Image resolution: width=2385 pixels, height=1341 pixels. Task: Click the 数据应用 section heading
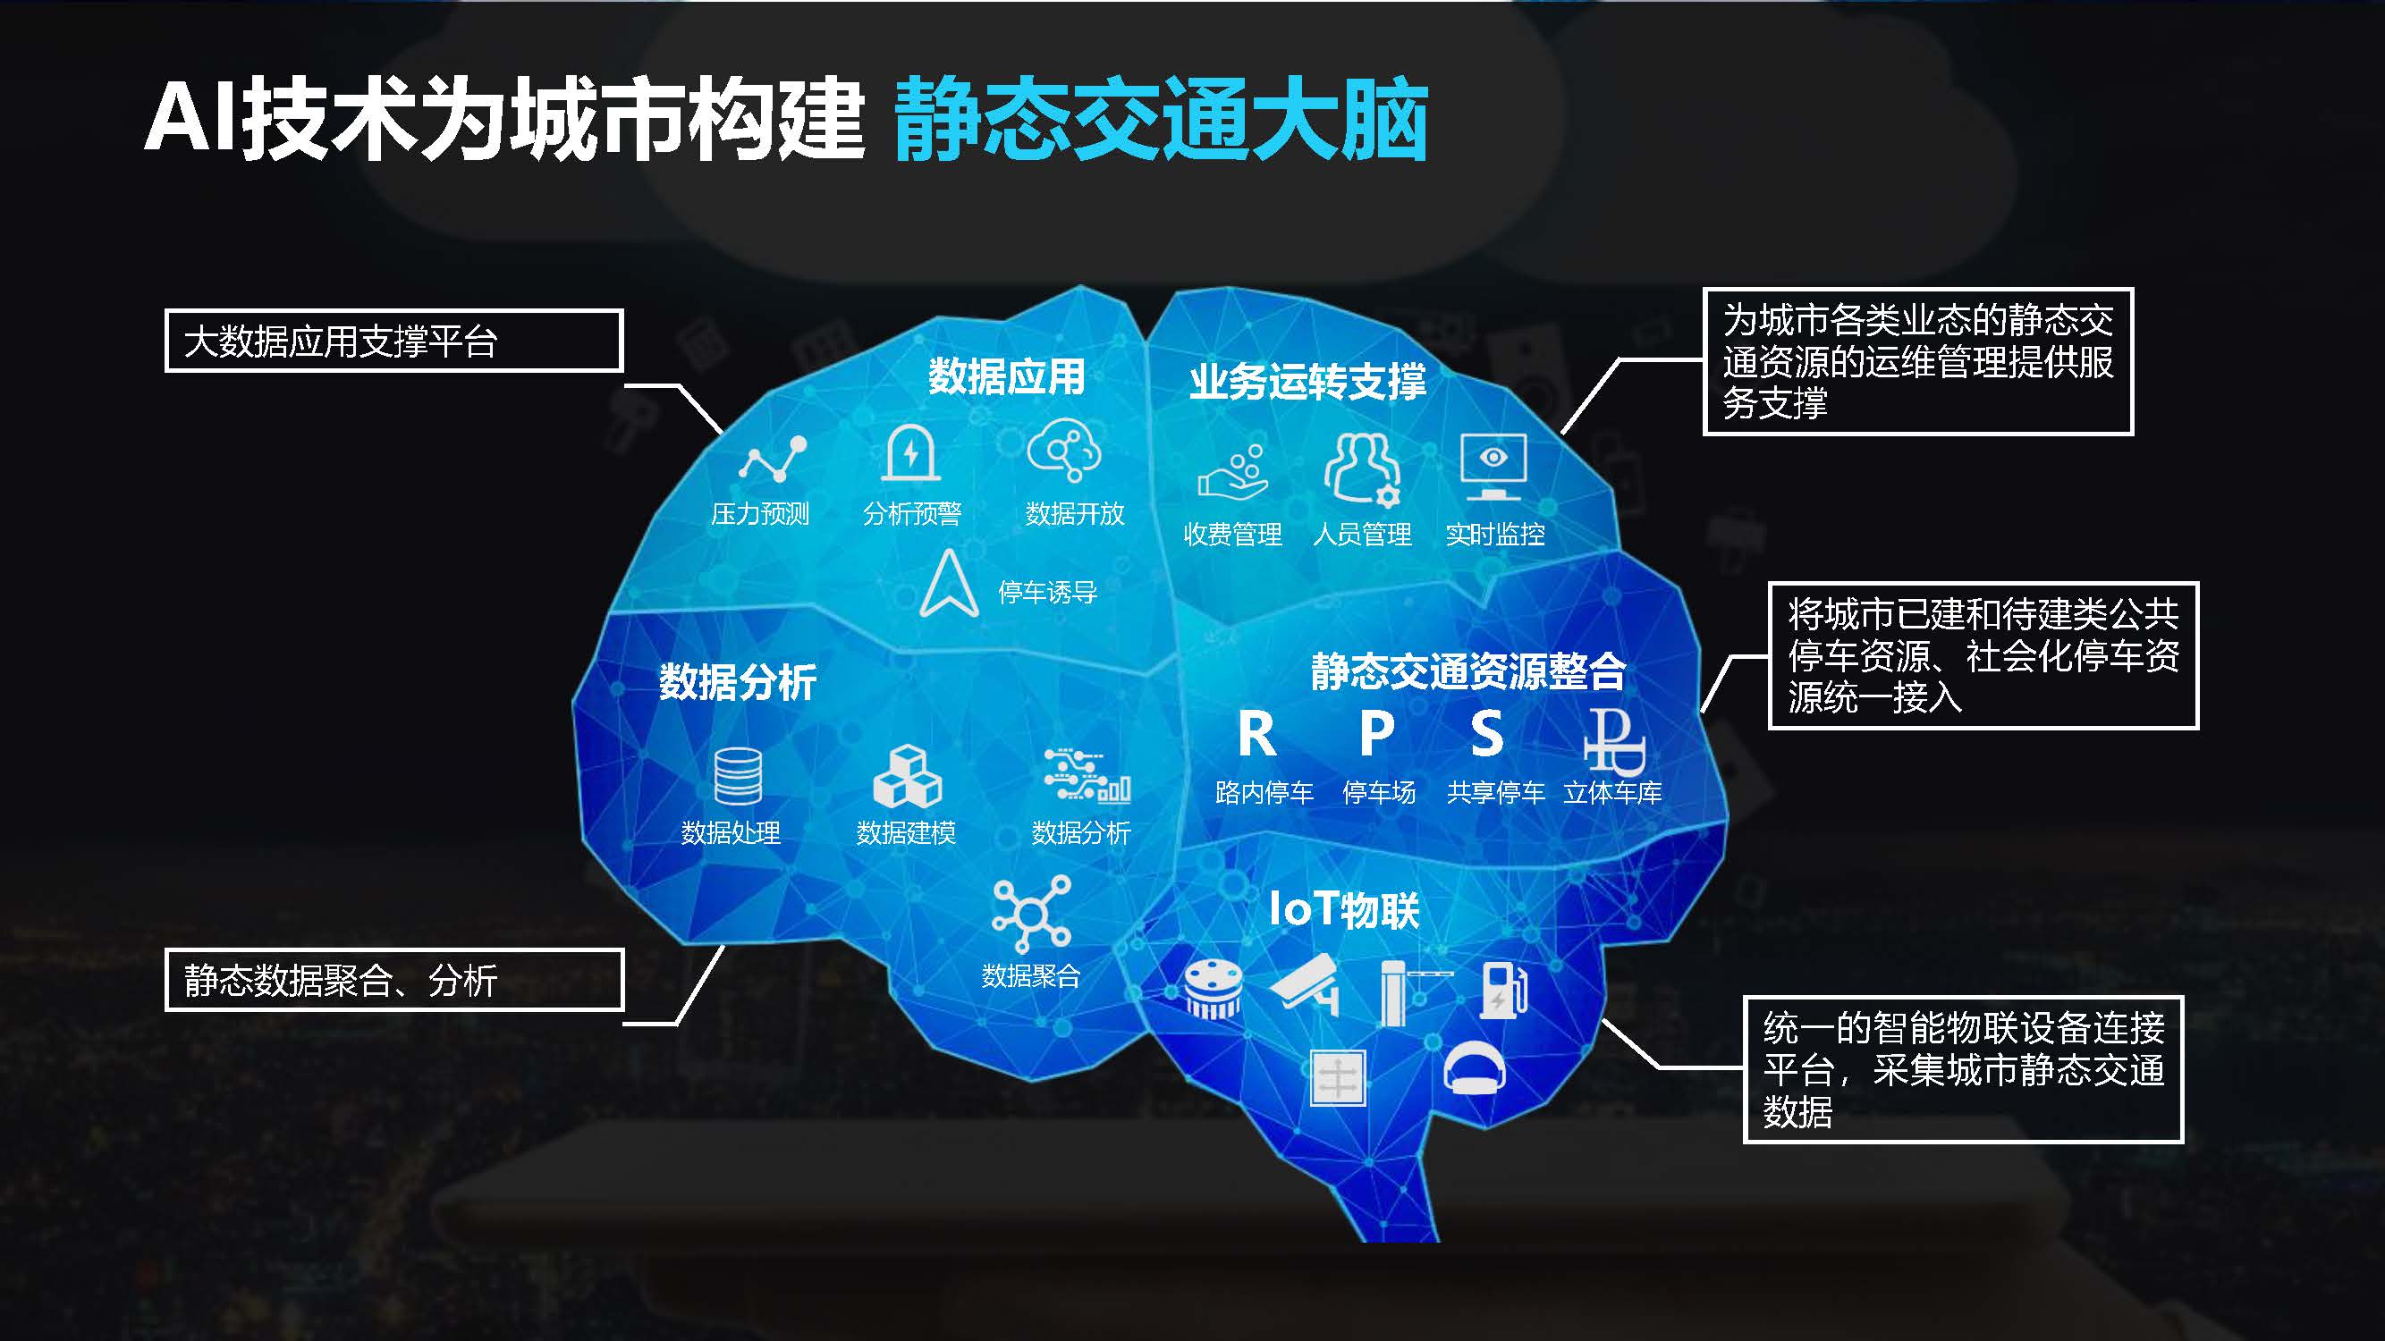point(1006,376)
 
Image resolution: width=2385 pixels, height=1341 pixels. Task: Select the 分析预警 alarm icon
point(910,452)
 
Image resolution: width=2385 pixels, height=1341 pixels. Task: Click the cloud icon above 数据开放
point(1064,450)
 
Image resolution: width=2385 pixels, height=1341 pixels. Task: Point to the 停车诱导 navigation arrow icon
point(949,583)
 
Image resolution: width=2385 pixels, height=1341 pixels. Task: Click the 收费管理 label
point(1232,534)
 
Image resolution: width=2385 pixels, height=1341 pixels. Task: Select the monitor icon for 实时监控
point(1493,468)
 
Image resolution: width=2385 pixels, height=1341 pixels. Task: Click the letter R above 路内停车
point(1257,734)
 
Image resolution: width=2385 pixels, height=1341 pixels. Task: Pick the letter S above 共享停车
point(1487,734)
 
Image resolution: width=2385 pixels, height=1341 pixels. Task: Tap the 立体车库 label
point(1613,792)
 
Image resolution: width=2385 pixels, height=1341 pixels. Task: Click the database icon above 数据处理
point(738,775)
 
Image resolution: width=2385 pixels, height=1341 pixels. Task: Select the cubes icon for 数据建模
point(908,777)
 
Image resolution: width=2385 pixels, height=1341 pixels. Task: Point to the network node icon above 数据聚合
point(1031,915)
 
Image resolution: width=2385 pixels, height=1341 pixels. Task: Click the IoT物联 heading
point(1344,909)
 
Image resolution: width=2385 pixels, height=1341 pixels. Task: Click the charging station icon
point(1502,991)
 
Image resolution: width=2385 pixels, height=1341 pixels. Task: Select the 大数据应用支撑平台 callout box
point(393,342)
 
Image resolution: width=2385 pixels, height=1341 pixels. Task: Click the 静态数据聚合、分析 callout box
point(393,980)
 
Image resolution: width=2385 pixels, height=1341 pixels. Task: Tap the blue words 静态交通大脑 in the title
point(1161,121)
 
